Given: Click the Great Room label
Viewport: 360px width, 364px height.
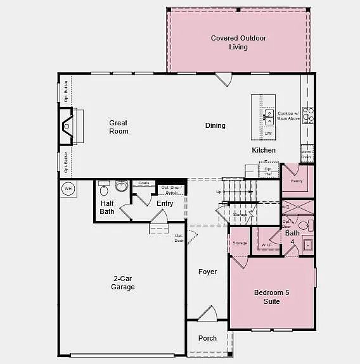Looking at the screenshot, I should (x=119, y=127).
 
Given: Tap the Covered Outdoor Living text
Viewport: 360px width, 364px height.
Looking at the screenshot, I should (x=238, y=42).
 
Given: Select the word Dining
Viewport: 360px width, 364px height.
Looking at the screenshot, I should (x=215, y=125).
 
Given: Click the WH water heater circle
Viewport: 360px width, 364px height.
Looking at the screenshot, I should (x=68, y=189).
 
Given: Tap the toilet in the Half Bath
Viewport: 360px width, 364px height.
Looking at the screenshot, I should (x=105, y=188).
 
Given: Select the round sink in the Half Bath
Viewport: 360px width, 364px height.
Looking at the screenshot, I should (x=121, y=186).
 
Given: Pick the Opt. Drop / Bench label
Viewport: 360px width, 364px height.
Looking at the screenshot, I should (x=172, y=190).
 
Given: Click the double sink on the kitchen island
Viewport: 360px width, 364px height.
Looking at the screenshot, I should (x=269, y=116).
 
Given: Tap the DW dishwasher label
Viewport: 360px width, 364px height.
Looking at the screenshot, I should (x=269, y=134).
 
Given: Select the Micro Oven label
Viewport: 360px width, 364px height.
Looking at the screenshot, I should (x=306, y=154).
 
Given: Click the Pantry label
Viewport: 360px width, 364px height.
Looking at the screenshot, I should (x=297, y=181).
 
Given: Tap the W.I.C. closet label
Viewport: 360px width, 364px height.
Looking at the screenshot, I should (x=267, y=244).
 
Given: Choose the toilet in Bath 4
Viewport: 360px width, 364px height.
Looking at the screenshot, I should (x=304, y=225).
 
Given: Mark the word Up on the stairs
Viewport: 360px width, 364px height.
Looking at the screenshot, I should (x=219, y=191).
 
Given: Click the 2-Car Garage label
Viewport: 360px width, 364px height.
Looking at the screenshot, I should (x=123, y=282).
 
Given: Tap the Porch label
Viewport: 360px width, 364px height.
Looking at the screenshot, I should (x=207, y=338).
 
